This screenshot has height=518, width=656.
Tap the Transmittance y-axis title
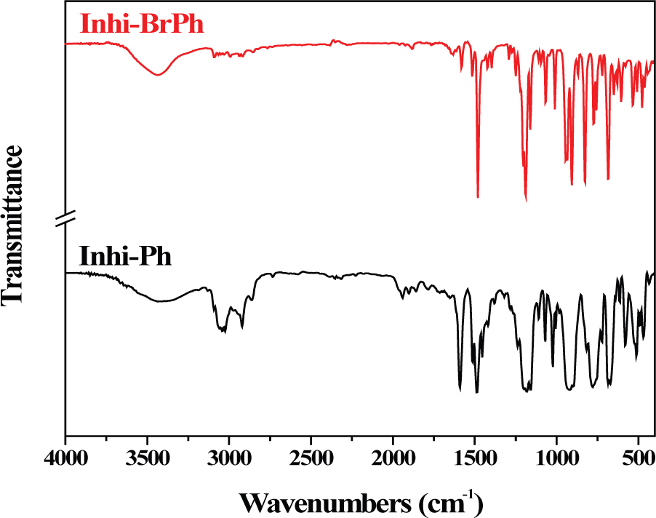click(16, 226)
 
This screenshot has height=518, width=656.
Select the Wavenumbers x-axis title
click(360, 501)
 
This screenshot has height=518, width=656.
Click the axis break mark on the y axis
click(65, 216)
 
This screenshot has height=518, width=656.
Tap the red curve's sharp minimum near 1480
click(478, 196)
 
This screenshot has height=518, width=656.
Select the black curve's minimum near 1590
click(460, 390)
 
